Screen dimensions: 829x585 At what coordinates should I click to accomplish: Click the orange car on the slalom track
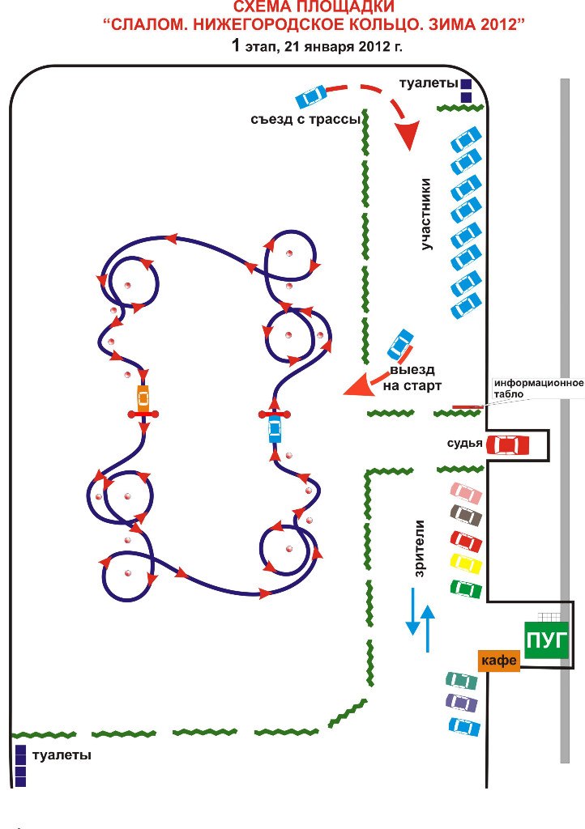[x=143, y=397]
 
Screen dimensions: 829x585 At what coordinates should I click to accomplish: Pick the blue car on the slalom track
[x=275, y=427]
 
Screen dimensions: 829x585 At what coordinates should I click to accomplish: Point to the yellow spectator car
[x=466, y=563]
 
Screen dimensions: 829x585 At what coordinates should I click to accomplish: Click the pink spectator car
[x=466, y=491]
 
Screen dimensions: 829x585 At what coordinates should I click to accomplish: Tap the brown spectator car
[x=466, y=514]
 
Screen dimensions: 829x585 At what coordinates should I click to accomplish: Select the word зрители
[x=421, y=549]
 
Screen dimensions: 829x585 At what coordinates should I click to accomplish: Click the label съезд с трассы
[x=305, y=120]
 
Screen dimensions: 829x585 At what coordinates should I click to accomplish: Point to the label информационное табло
[x=538, y=387]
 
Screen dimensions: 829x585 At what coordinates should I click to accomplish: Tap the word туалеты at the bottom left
[x=62, y=755]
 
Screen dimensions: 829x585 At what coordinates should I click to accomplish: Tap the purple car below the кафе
[x=462, y=703]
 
